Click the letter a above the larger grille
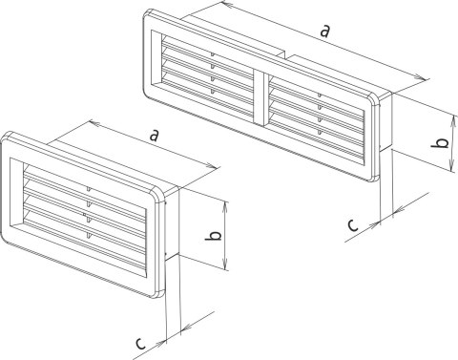point(324,32)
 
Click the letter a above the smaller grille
point(154,136)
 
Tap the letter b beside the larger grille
point(440,143)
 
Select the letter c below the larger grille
point(353,225)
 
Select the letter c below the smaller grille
point(140,344)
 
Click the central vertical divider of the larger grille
point(262,98)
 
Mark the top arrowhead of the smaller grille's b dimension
point(225,207)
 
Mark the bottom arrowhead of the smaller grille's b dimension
point(226,265)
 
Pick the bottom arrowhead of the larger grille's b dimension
point(451,165)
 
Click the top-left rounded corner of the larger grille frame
point(147,14)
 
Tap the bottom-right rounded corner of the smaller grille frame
point(159,293)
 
